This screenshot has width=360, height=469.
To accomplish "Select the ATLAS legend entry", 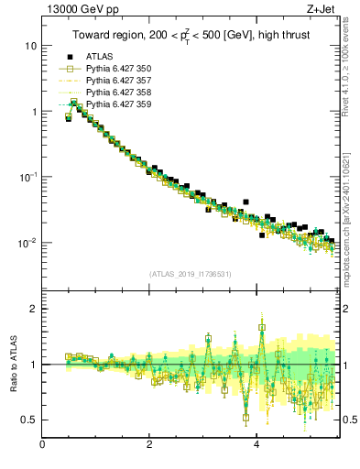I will pyautogui.click(x=100, y=57).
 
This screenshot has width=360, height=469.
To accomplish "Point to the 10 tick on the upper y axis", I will pyautogui.click(x=31, y=46).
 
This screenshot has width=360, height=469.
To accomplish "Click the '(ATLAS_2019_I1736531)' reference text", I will pyautogui.click(x=189, y=274).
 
